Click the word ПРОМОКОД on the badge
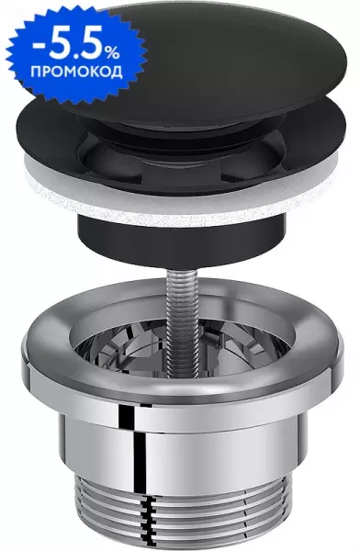[x=76, y=72]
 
